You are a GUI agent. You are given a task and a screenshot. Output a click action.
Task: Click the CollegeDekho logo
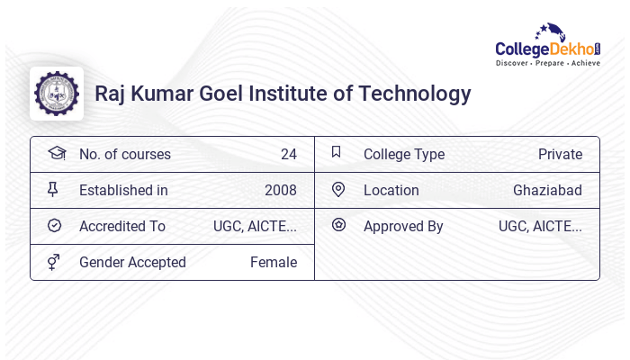(548, 46)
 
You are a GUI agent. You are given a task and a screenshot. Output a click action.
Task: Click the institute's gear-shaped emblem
(57, 94)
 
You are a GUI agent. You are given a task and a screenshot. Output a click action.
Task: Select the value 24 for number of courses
(288, 154)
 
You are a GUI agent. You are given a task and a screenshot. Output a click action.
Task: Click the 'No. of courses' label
(124, 154)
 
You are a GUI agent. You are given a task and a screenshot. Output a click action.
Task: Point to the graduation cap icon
(57, 153)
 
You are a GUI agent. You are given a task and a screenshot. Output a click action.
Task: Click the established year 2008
(280, 190)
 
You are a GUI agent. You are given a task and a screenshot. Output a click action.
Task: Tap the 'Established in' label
(123, 190)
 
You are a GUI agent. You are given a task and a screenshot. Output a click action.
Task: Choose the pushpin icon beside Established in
(53, 189)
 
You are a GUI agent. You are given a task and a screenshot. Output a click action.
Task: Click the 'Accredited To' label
(122, 226)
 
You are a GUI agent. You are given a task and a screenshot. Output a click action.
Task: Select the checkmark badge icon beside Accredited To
(54, 225)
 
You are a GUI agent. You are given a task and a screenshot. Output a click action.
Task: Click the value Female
(274, 262)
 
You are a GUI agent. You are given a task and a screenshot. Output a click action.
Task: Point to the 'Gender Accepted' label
(132, 262)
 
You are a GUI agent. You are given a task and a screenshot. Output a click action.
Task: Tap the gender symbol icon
(54, 262)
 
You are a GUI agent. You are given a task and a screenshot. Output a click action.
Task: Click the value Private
(560, 154)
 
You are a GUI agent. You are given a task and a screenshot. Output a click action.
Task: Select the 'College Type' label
(403, 154)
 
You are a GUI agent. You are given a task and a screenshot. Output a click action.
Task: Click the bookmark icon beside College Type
(337, 152)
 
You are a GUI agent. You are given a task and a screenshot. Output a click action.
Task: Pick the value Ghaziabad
(547, 190)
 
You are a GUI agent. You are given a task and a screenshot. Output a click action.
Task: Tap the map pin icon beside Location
(338, 189)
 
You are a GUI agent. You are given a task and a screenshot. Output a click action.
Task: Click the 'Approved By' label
(403, 226)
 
